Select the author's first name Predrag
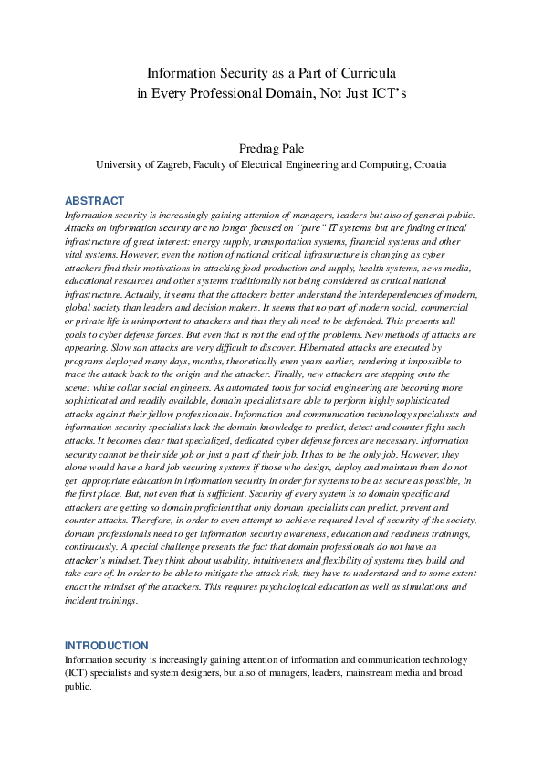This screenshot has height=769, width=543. click(x=256, y=147)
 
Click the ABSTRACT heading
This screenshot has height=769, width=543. click(x=94, y=201)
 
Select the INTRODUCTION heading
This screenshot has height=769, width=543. click(x=106, y=646)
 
